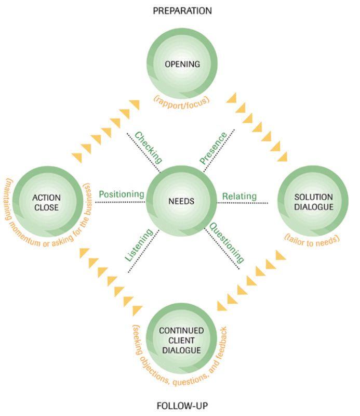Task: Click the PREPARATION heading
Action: (182, 10)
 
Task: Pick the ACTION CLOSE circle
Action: (46, 202)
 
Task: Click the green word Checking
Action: (149, 147)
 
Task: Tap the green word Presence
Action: (213, 148)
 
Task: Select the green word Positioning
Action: (121, 194)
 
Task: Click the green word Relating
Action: (239, 196)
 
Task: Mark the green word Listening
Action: (139, 244)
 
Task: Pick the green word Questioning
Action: (226, 242)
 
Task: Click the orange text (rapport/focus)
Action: (181, 99)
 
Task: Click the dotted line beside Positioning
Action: (119, 202)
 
